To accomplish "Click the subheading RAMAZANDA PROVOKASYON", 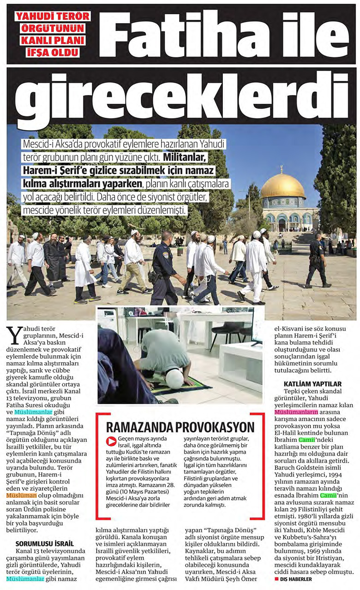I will pyautogui.click(x=180, y=426).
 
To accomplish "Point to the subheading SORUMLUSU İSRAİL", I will pyautogui.click(x=44, y=543).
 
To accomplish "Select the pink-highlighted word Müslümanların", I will pyautogui.click(x=296, y=411).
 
